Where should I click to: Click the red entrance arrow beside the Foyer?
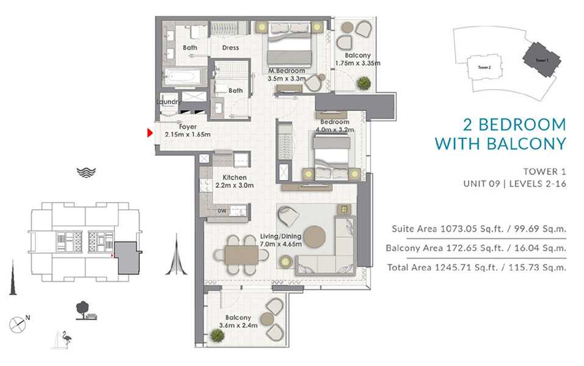150,133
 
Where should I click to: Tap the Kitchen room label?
235,178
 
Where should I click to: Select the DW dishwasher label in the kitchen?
222,211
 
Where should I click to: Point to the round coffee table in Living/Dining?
315,237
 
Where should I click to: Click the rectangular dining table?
241,255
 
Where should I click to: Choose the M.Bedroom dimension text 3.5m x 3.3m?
287,79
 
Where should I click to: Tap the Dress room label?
230,48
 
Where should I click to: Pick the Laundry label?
169,101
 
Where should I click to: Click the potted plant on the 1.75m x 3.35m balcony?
363,83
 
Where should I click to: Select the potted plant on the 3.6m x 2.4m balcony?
217,335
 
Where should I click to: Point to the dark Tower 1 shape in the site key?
541,60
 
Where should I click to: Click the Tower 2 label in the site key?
484,67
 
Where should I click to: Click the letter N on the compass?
27,318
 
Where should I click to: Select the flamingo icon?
67,339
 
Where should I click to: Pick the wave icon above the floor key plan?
86,173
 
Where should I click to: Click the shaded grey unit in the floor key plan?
127,258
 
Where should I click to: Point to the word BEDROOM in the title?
522,124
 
